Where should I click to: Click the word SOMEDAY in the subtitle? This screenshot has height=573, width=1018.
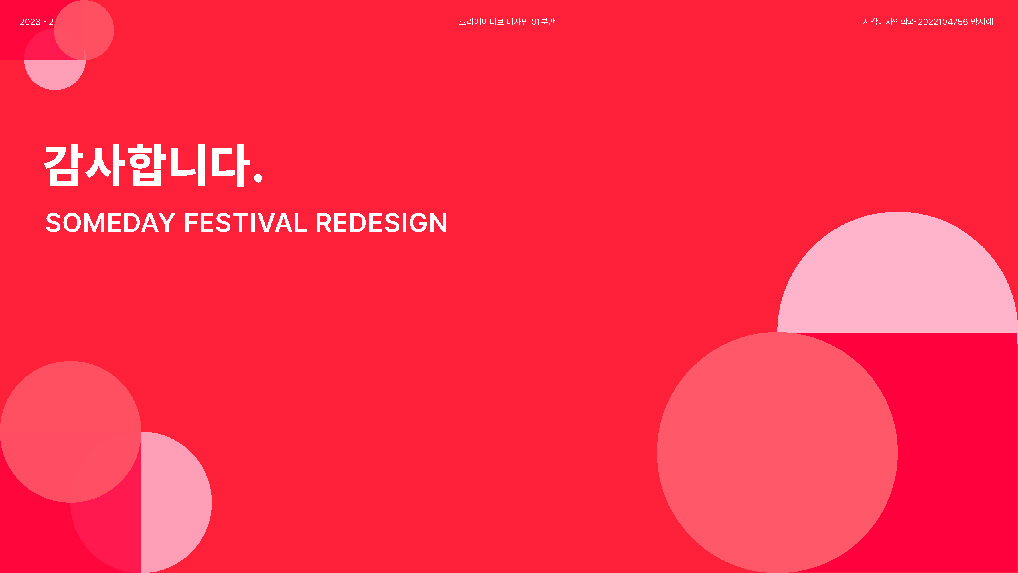click(x=110, y=223)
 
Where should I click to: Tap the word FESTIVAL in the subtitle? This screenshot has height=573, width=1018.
click(x=245, y=223)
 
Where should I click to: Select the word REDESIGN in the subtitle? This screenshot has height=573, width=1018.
click(x=381, y=223)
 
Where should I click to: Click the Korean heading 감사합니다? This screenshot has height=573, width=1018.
click(x=153, y=165)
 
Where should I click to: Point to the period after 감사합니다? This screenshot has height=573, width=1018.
click(x=258, y=178)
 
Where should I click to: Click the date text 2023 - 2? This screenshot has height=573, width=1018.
click(x=37, y=22)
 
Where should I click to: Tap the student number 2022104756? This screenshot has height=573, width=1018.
click(x=942, y=22)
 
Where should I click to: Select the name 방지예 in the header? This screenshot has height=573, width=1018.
click(x=982, y=22)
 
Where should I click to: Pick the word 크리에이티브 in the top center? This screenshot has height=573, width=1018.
click(x=481, y=22)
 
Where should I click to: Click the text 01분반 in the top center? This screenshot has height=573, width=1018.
click(x=543, y=22)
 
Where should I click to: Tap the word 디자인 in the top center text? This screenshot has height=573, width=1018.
click(x=518, y=22)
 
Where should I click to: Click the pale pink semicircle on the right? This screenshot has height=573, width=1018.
click(x=897, y=277)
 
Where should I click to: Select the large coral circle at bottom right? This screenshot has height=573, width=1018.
click(x=777, y=452)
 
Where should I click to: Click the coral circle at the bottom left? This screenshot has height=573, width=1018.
click(x=70, y=431)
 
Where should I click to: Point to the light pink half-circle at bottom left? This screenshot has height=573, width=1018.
click(x=176, y=502)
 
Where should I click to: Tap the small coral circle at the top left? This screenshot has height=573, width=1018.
click(x=84, y=30)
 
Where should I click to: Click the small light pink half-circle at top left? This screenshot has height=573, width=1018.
click(x=55, y=75)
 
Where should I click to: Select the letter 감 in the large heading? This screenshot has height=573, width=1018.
click(x=64, y=165)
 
